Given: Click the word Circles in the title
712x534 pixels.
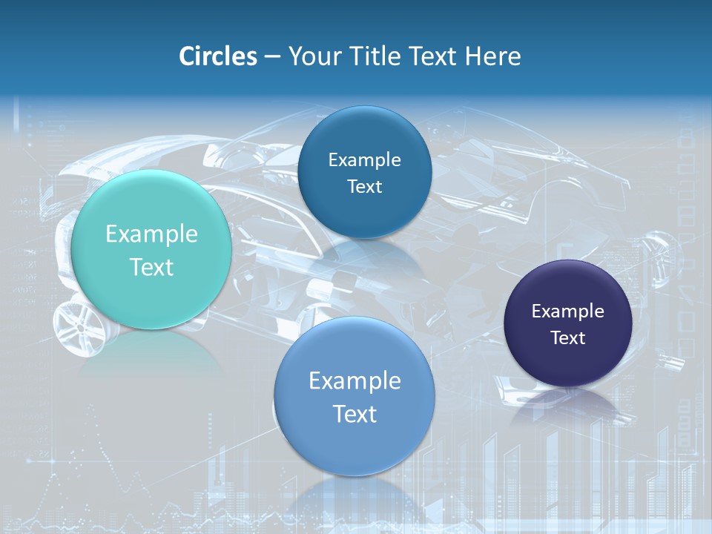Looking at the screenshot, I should point(218,56).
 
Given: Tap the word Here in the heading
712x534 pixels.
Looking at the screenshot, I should point(492,56).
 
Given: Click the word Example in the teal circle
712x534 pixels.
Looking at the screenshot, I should point(151,234).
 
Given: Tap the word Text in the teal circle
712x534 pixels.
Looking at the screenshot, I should point(151,267).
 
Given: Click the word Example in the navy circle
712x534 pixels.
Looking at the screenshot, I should point(568,311).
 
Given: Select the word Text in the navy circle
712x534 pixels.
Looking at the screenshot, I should point(568,338).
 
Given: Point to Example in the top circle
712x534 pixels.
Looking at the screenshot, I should point(364,160).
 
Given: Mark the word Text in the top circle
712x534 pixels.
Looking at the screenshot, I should point(364,187).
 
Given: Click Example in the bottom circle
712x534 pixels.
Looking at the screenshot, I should point(355,381).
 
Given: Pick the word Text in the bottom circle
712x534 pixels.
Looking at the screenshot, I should point(355,414).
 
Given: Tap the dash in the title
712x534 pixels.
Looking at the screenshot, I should point(272,57).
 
